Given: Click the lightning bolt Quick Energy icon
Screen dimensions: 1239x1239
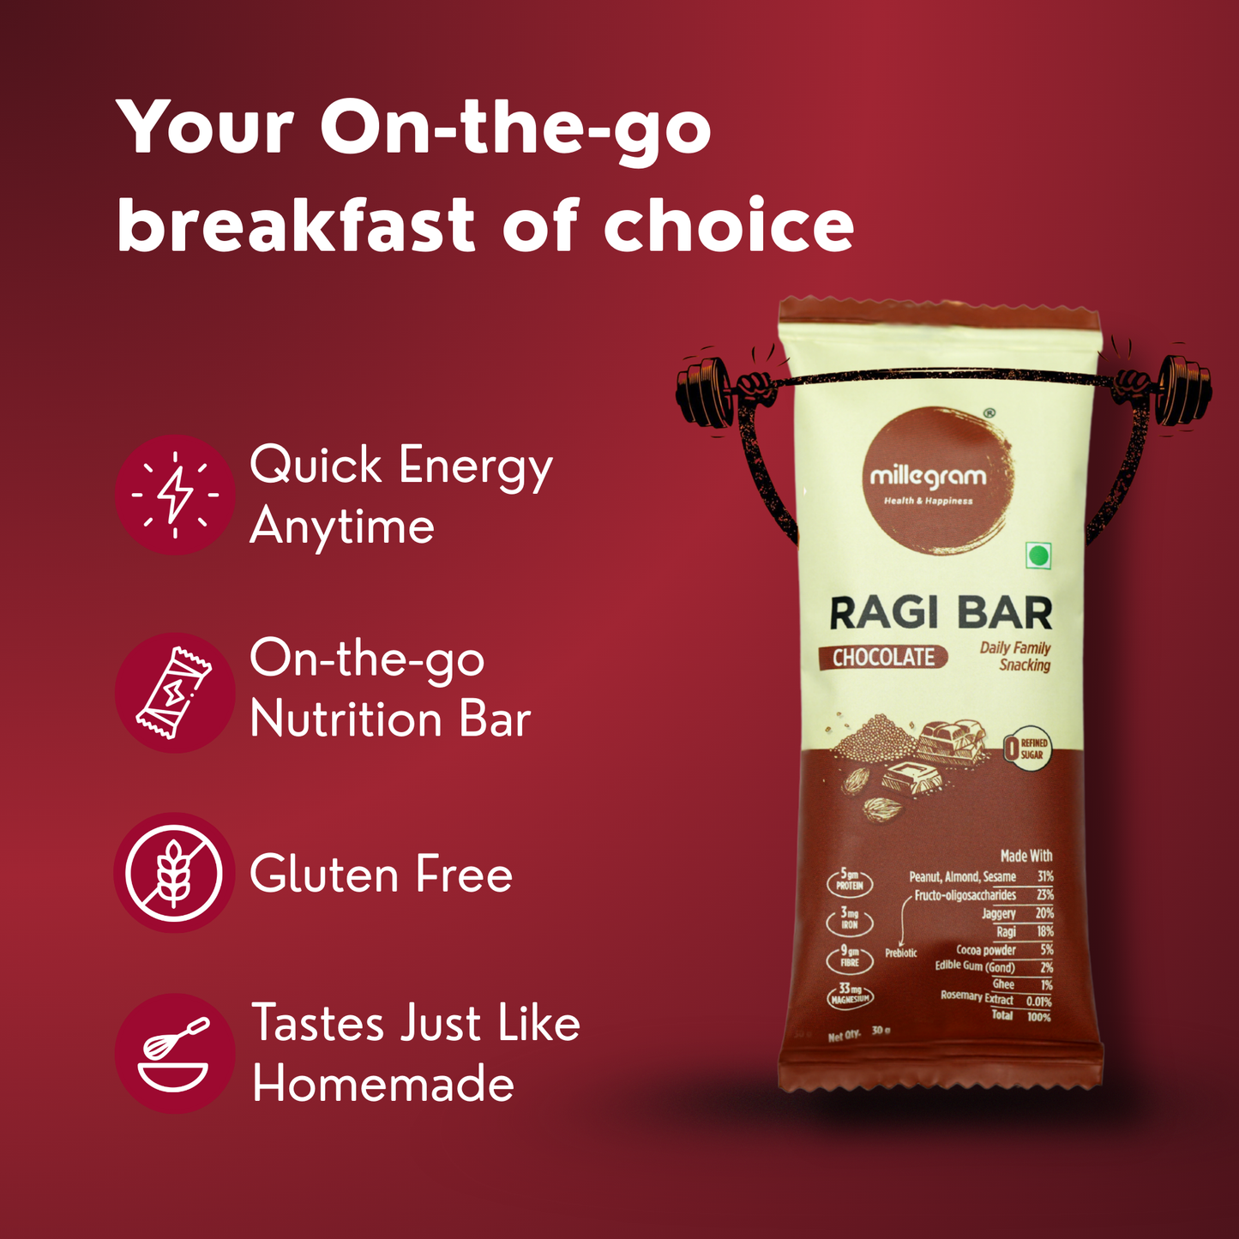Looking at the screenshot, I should click(x=175, y=495).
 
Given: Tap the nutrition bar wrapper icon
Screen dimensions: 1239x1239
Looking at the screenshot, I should click(x=175, y=693).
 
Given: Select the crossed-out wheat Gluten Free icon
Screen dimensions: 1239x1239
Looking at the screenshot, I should click(x=174, y=873).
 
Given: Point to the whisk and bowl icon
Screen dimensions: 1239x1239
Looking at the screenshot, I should click(x=174, y=1054).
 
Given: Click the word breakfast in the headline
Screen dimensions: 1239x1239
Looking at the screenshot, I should click(x=296, y=226).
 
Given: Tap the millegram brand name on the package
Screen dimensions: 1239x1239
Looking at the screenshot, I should click(x=928, y=477).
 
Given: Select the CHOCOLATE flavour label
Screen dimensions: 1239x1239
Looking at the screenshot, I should click(x=883, y=658).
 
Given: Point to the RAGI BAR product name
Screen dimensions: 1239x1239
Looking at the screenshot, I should click(x=941, y=613).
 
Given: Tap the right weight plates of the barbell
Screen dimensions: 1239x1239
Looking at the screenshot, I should click(x=1182, y=390).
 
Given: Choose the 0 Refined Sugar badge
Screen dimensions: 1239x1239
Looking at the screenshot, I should click(x=1025, y=749).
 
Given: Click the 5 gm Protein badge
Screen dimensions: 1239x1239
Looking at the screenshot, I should click(x=850, y=881).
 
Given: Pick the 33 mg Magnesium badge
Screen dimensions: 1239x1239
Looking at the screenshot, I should click(x=850, y=994).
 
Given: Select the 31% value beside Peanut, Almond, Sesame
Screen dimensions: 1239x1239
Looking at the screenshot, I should click(x=1044, y=876).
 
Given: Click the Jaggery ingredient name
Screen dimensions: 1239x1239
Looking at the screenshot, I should click(x=999, y=914).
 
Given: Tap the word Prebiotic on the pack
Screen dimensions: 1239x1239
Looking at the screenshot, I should click(x=901, y=953).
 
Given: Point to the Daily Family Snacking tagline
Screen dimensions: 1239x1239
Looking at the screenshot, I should click(x=1016, y=656).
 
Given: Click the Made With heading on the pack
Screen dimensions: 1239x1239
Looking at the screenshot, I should click(x=1025, y=856).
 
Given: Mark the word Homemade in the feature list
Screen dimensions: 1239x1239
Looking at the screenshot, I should click(x=383, y=1085).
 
